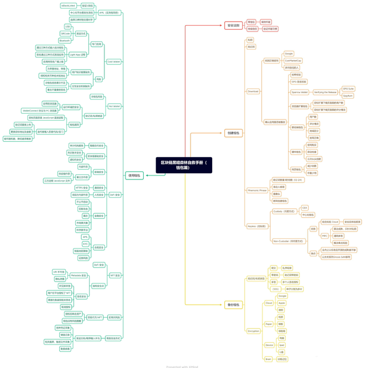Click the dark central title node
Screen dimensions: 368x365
click(184, 165)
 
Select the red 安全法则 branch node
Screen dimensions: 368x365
click(233, 25)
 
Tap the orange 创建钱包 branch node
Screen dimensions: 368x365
click(233, 133)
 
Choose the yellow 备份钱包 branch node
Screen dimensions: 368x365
click(233, 305)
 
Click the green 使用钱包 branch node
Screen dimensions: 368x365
click(134, 175)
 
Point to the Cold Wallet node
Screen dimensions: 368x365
click(113, 62)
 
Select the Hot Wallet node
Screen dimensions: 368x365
click(114, 106)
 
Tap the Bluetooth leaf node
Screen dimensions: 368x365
click(64, 41)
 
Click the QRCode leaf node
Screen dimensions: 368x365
click(65, 34)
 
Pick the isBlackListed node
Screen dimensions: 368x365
click(68, 6)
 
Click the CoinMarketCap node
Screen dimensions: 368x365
click(293, 61)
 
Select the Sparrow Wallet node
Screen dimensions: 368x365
click(299, 92)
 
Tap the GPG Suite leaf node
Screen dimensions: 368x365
click(348, 89)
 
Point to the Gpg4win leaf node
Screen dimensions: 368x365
click(347, 95)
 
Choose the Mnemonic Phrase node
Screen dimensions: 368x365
click(257, 190)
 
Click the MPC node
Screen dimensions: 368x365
click(325, 235)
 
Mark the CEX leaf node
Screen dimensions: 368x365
click(305, 208)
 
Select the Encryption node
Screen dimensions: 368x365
click(253, 331)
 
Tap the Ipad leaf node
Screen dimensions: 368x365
click(281, 345)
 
